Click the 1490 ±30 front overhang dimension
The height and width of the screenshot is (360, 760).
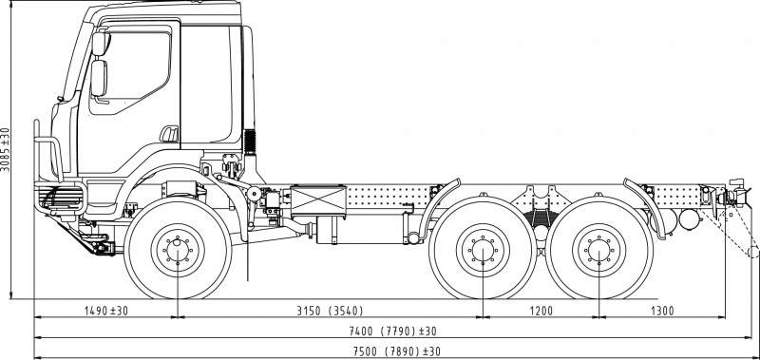pyautogui.click(x=106, y=311)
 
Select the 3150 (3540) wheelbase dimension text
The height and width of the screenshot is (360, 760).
pyautogui.click(x=330, y=311)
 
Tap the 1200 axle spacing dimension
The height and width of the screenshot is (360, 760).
pyautogui.click(x=541, y=311)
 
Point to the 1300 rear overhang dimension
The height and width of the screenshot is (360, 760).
pyautogui.click(x=661, y=311)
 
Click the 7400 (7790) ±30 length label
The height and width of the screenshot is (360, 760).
pyautogui.click(x=392, y=331)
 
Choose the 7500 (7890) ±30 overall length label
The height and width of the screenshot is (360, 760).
pyautogui.click(x=396, y=351)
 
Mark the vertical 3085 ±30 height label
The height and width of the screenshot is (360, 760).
pyautogui.click(x=6, y=149)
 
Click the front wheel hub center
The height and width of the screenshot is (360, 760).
pyautogui.click(x=178, y=251)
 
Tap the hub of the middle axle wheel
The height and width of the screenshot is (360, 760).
pyautogui.click(x=483, y=251)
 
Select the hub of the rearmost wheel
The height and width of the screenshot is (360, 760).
pyautogui.click(x=599, y=251)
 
